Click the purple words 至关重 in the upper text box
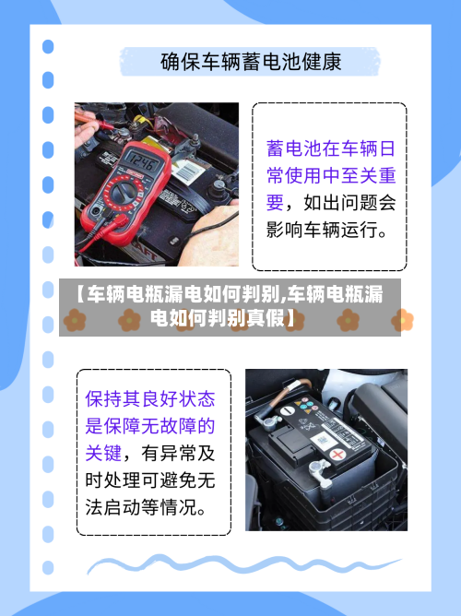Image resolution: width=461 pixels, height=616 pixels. tap(363, 175)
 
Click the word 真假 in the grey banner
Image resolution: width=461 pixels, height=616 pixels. tap(268, 320)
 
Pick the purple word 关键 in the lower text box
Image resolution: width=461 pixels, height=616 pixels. tap(105, 453)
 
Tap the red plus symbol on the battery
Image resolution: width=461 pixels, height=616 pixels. tap(338, 454)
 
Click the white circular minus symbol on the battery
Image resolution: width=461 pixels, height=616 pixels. tap(289, 409)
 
